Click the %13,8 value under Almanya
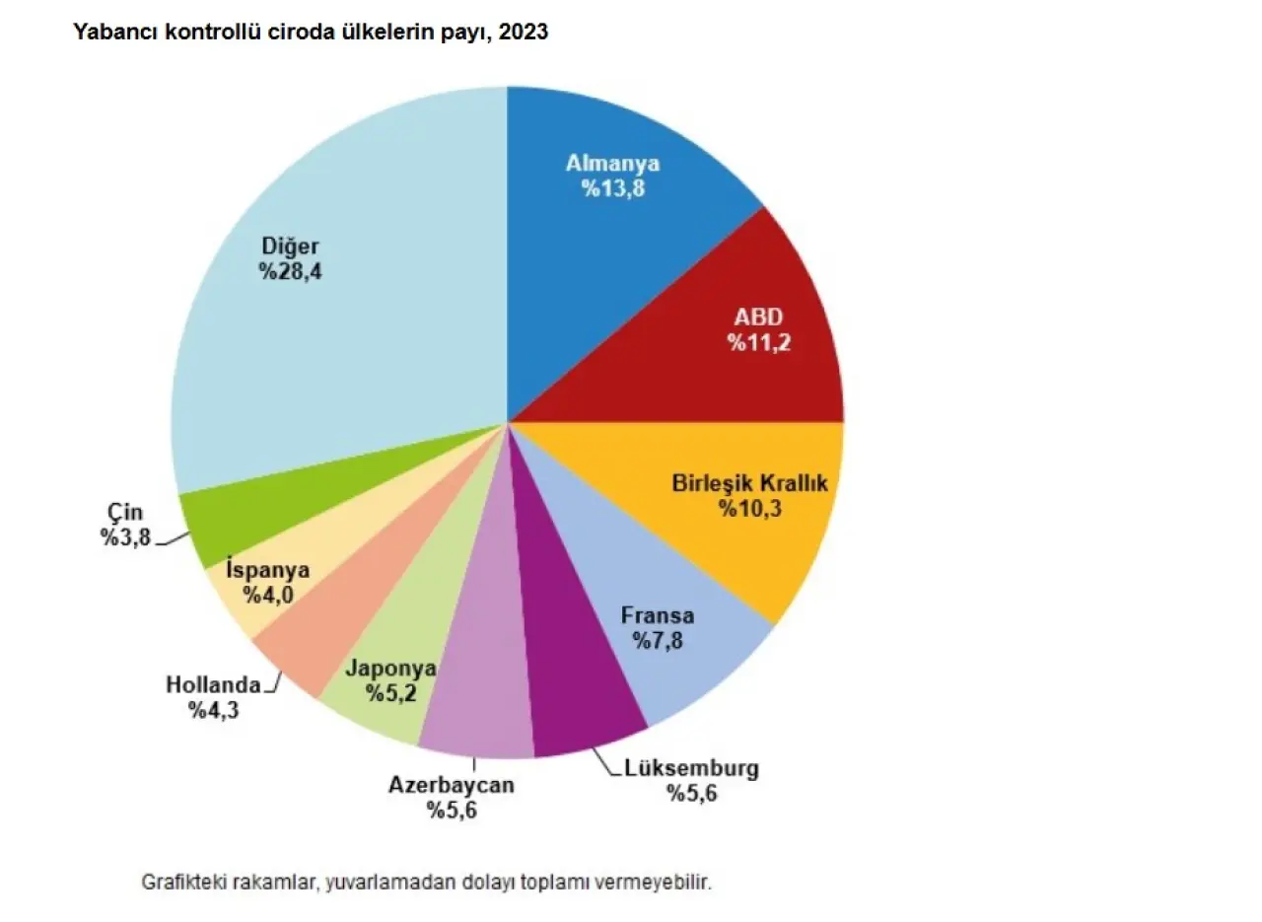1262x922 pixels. [x=613, y=189]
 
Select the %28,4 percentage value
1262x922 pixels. [x=291, y=272]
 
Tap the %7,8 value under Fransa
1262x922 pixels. [x=658, y=642]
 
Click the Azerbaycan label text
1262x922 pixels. [x=452, y=785]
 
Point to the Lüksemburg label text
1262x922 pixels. [x=692, y=768]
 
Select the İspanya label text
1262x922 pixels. [x=268, y=570]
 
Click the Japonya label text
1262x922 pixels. [x=390, y=668]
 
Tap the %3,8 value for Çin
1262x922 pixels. [x=125, y=537]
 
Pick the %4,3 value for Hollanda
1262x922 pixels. [x=214, y=709]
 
